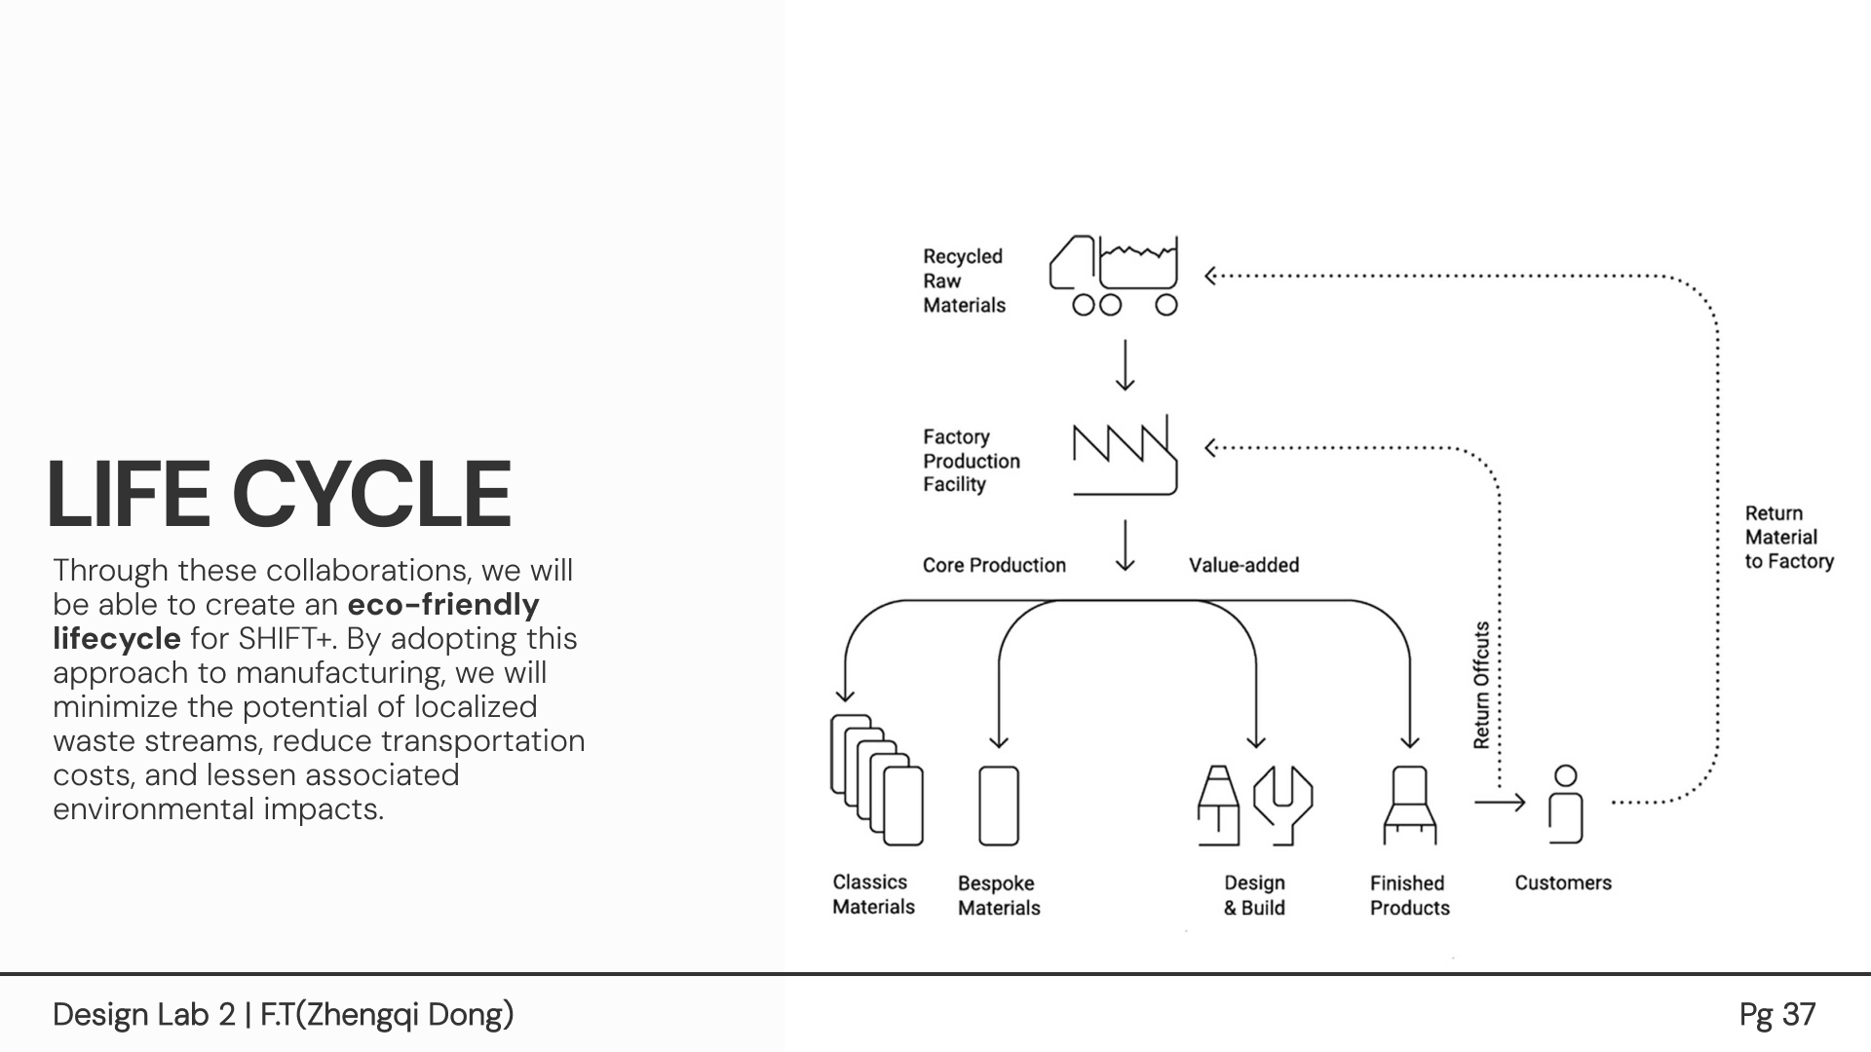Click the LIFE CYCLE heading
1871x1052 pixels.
(279, 494)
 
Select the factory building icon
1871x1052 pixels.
(1125, 456)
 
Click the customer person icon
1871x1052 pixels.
(1565, 805)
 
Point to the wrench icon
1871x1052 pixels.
(1282, 805)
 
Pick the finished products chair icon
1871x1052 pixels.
(1409, 805)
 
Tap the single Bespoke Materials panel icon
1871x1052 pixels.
(998, 806)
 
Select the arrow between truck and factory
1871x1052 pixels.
(1125, 365)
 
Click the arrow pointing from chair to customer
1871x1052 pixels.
(1499, 803)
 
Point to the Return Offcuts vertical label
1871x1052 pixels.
(1481, 686)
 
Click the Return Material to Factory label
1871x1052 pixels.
(1788, 537)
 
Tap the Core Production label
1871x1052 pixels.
(994, 565)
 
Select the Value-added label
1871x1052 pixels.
(1243, 565)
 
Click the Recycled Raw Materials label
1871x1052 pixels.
(964, 281)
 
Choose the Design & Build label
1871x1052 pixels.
(1254, 895)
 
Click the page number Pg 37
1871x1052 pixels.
(1776, 1015)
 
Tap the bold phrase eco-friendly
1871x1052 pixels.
(443, 605)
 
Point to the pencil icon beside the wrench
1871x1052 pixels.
(1218, 805)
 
